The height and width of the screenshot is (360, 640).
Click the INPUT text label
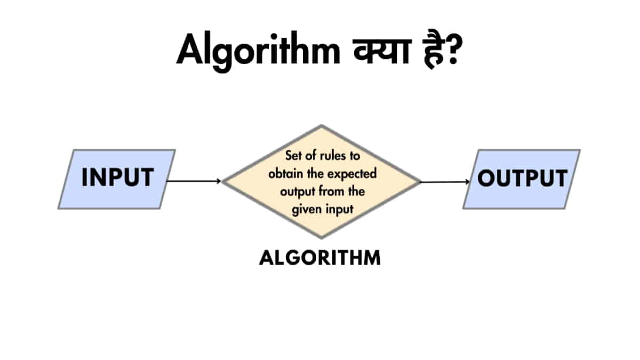117,178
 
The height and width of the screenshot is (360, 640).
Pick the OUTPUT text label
522,178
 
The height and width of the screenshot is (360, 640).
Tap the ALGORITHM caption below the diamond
320,258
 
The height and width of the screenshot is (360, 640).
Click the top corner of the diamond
321,126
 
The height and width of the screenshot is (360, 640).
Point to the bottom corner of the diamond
321,237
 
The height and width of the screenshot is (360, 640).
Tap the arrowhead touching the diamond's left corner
218,181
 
